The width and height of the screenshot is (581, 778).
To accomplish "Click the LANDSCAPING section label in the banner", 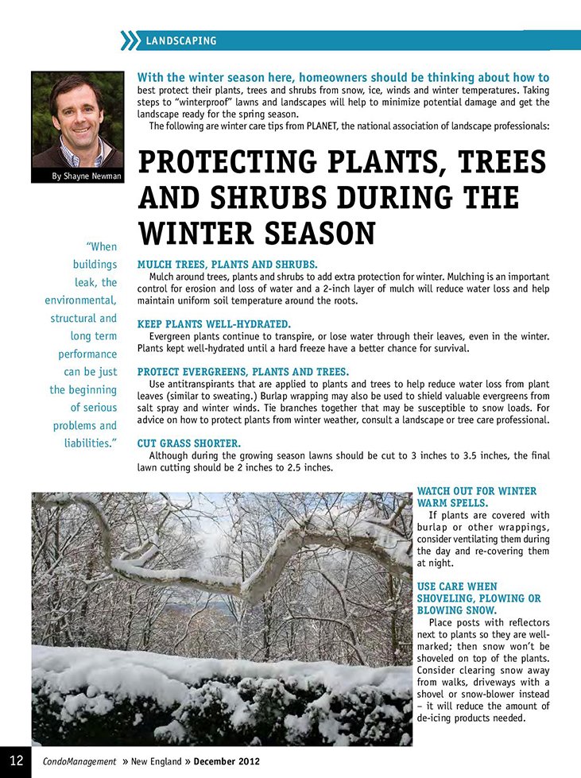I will point(181,41).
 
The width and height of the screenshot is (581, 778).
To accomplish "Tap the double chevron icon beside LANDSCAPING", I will point(129,40).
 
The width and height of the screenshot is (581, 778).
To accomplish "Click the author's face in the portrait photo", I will point(76,110).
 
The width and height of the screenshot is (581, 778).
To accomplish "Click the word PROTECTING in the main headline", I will point(230,163).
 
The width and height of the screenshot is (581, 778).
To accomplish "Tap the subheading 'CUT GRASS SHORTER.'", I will point(189,443).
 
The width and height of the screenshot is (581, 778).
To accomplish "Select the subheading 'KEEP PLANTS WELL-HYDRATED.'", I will point(214,324).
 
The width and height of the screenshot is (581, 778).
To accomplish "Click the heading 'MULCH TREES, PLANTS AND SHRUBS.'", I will point(227,264).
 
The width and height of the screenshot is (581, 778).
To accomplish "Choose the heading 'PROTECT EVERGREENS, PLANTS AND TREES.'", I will point(242,372).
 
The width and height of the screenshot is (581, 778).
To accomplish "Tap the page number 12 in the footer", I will point(15,761).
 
